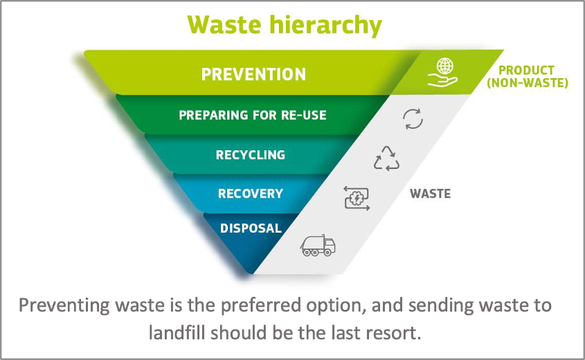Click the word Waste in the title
coord(224,25)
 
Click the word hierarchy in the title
coord(325,26)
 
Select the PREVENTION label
coord(253,74)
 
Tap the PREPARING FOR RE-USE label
coord(253,115)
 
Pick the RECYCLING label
coord(251,155)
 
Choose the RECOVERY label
coord(251,194)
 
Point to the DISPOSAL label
coord(251,228)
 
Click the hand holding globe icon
coord(443,73)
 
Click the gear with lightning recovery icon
coord(357,198)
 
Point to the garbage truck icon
coord(318,246)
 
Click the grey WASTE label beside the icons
coord(430,194)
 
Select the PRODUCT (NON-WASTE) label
coord(527,76)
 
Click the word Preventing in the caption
coord(64,306)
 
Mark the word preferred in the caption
coord(260,306)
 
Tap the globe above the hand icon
coord(445,66)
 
